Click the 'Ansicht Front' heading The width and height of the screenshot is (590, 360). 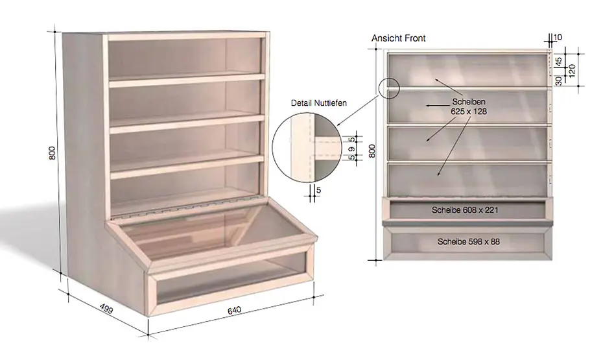coord(398,38)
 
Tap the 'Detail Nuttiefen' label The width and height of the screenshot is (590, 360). coord(319,102)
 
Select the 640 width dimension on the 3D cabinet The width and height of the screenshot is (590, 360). coord(234,310)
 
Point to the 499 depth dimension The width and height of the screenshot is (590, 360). coord(106,308)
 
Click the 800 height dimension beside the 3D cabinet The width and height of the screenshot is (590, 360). coord(53,152)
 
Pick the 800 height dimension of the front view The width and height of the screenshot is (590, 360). coord(372,150)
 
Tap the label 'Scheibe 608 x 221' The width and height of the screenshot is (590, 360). coord(465,210)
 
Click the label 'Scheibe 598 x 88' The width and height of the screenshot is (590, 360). coord(469,242)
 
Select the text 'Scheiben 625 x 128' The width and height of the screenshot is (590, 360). coord(469,106)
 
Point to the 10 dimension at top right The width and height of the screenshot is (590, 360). coord(558,37)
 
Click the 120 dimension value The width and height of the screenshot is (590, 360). coord(572,71)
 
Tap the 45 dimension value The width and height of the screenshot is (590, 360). coord(559,61)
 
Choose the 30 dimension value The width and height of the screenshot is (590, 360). coord(559,80)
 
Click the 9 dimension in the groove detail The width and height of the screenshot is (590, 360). coord(352,149)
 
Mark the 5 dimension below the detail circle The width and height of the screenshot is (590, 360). coord(319,190)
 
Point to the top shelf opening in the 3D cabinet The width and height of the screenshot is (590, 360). coord(185,59)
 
